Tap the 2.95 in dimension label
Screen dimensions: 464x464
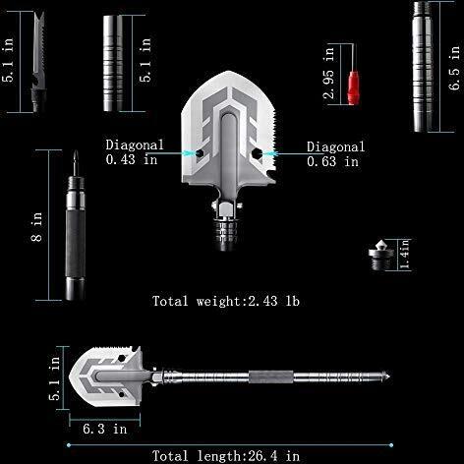329,73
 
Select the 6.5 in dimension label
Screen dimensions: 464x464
454,68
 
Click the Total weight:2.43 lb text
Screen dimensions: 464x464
226,301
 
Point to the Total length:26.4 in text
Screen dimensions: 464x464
226,456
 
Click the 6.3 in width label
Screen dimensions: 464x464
105,429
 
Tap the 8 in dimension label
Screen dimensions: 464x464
36,227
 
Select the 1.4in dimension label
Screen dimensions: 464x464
406,255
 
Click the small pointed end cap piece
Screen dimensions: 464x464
381,255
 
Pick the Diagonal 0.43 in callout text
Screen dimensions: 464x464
135,152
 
